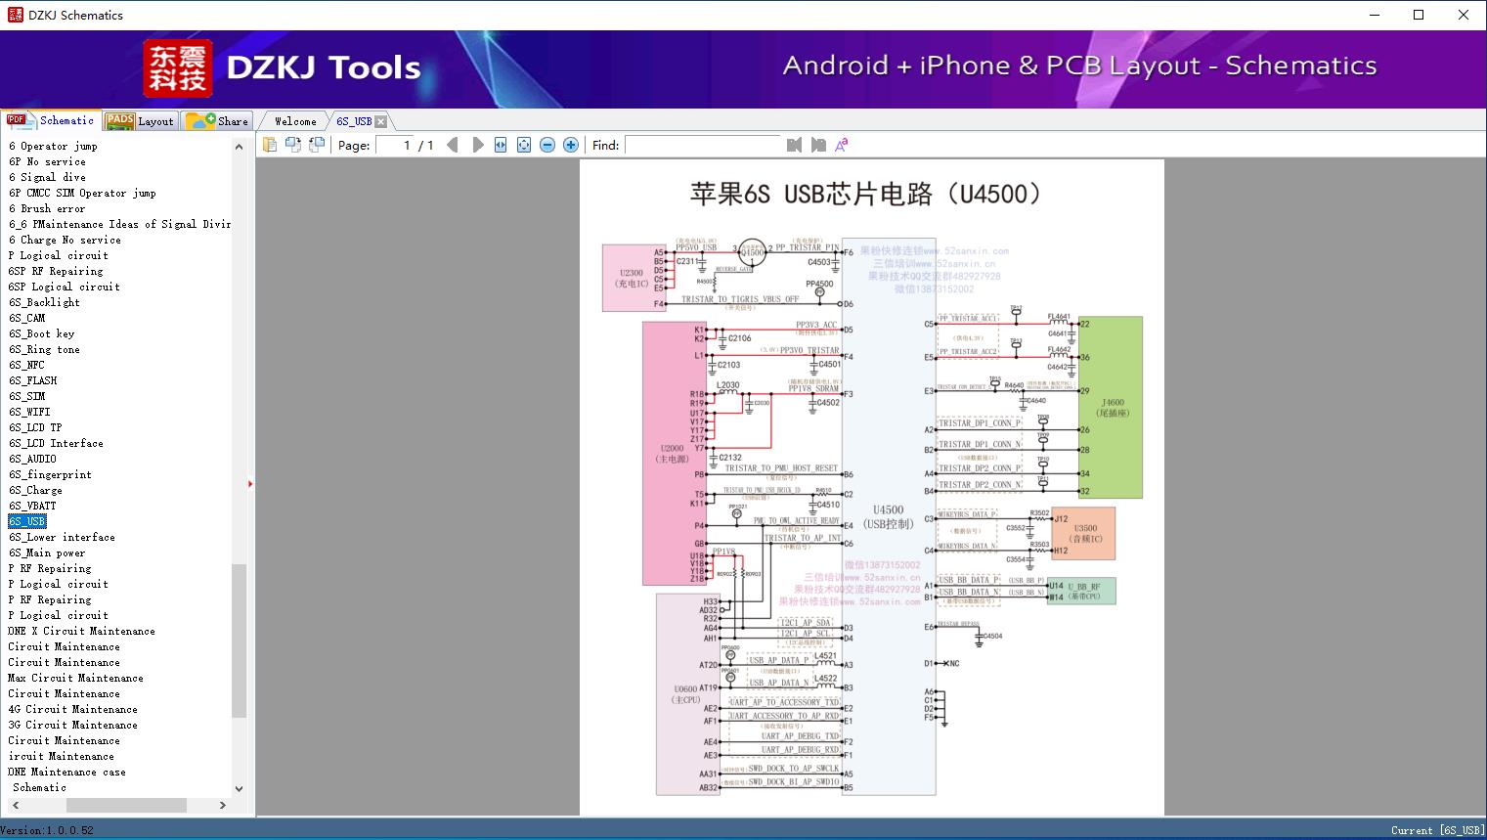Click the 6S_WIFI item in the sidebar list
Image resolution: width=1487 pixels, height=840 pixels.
29,412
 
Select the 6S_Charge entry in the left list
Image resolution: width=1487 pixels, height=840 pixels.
35,490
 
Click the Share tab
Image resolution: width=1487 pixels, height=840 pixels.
219,121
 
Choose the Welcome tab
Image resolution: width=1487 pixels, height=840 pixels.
295,121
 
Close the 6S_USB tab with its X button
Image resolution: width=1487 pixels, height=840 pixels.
381,121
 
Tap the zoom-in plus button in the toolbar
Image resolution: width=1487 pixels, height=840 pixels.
571,145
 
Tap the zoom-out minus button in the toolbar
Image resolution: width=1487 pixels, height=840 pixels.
547,145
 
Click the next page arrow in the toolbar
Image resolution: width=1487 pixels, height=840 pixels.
478,145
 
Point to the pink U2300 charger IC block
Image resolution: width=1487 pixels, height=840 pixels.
632,279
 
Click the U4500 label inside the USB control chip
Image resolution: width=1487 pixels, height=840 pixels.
888,509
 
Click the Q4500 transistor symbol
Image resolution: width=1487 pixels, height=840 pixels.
752,252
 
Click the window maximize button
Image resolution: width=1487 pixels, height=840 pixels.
1419,15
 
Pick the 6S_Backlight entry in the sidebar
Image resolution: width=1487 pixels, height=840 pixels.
44,302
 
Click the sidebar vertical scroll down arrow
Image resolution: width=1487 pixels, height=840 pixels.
239,788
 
